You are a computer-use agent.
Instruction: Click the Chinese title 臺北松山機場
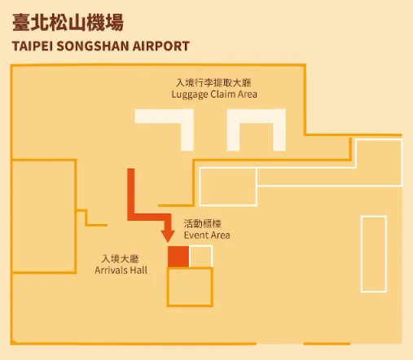(x=68, y=22)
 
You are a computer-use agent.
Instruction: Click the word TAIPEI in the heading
(x=32, y=46)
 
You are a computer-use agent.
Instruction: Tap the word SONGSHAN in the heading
(x=92, y=46)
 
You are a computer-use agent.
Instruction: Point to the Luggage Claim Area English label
(x=214, y=94)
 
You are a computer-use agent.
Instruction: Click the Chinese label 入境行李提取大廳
(x=213, y=82)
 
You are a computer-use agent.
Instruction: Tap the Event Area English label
(x=207, y=235)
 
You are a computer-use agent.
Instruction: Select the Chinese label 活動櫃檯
(x=203, y=224)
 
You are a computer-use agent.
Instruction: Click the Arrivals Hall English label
(x=121, y=270)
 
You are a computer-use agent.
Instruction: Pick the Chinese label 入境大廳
(x=121, y=259)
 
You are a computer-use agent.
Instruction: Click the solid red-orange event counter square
(x=178, y=257)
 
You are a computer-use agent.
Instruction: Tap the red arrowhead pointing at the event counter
(x=168, y=236)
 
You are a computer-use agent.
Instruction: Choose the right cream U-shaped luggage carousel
(x=257, y=116)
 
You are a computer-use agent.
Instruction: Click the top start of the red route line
(x=131, y=169)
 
